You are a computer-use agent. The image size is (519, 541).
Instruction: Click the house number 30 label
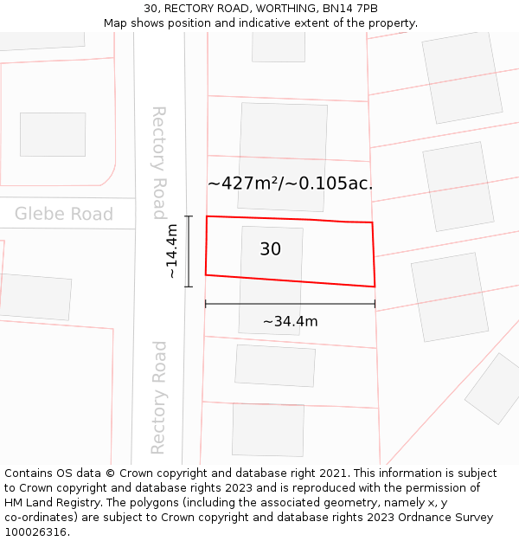[x=270, y=249]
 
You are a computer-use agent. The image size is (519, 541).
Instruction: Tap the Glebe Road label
[x=64, y=214]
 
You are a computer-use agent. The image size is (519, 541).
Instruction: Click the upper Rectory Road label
[x=159, y=163]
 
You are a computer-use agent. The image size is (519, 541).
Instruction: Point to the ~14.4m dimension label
[x=172, y=251]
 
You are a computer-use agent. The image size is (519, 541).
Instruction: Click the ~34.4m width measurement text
[x=290, y=322]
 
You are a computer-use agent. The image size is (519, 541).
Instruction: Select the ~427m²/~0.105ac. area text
[x=291, y=184]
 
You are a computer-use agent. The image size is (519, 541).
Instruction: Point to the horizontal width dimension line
[x=290, y=304]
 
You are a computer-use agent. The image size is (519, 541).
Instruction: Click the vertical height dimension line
[x=188, y=251]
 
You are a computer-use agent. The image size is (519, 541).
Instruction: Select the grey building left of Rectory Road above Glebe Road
[x=53, y=134]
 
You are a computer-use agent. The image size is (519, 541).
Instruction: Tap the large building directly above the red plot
[x=283, y=144]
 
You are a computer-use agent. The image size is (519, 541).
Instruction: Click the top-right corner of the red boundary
[x=372, y=222]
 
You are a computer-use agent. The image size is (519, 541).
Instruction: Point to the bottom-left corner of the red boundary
[x=205, y=275]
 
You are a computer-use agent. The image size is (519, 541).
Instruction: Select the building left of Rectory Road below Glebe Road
[x=35, y=296]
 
